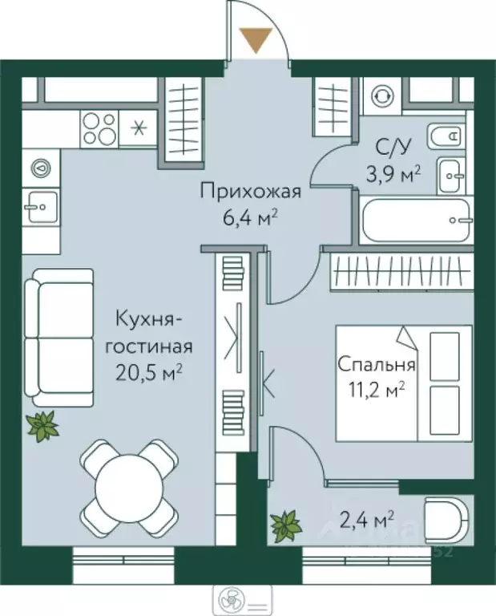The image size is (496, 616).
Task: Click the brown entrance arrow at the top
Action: tap(256, 38)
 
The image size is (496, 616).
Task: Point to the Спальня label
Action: tap(375, 365)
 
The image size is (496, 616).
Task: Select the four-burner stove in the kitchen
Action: tap(99, 128)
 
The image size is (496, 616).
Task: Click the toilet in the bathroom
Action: tap(445, 137)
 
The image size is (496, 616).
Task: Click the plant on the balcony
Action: tap(284, 525)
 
